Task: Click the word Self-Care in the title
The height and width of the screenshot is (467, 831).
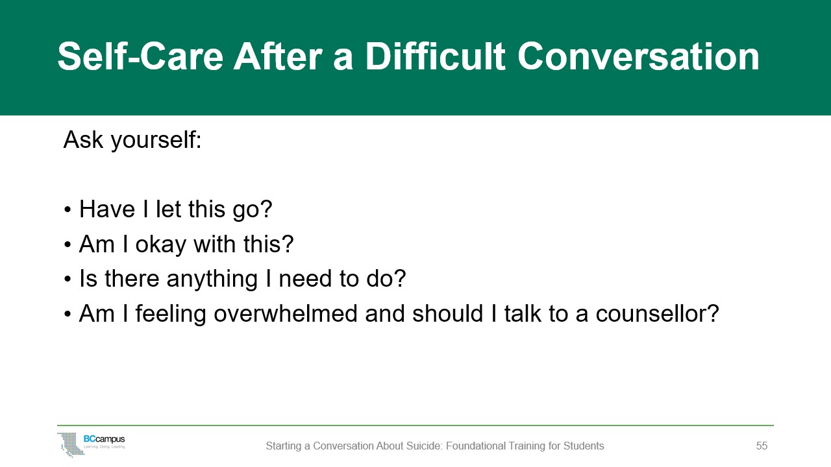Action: [x=141, y=56]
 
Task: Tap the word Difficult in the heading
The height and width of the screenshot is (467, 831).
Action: [x=435, y=56]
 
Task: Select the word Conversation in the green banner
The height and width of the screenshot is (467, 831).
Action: [x=638, y=56]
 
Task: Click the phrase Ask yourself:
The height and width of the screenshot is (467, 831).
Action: [x=132, y=140]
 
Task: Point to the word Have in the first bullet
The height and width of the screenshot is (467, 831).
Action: [x=107, y=209]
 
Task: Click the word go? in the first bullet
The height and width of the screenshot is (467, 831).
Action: [x=253, y=210]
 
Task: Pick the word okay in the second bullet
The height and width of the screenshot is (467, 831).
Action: [x=161, y=245]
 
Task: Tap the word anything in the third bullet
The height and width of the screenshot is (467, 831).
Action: [x=212, y=280]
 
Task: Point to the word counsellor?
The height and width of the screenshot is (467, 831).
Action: [x=658, y=313]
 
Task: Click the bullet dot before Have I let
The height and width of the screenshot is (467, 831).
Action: [x=67, y=210]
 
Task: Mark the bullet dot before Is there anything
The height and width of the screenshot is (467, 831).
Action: [x=67, y=279]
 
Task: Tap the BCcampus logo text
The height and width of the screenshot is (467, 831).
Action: [x=105, y=439]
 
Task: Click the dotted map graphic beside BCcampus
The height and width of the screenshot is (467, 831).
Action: [x=71, y=444]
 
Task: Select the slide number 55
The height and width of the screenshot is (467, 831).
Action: [x=762, y=446]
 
